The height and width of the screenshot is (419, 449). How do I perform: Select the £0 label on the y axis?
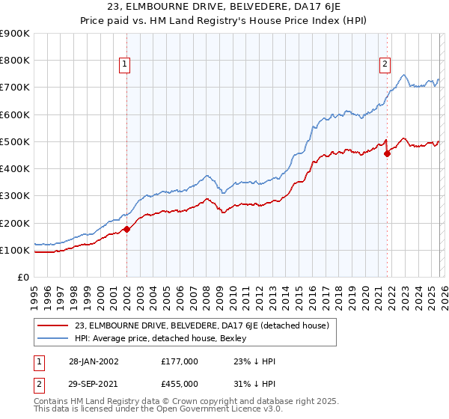[23, 278]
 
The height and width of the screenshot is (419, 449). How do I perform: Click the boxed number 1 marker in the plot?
[124, 65]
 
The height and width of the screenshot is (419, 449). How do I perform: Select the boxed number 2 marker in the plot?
[385, 65]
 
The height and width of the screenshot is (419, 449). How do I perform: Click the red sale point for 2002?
[126, 229]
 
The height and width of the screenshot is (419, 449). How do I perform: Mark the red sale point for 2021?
[387, 153]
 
